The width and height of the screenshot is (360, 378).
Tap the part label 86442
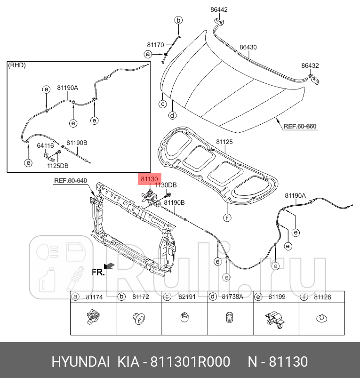pyautogui.click(x=219, y=9)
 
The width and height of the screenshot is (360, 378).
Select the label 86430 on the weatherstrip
pyautogui.click(x=248, y=48)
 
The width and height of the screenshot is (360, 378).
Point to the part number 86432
pyautogui.click(x=310, y=65)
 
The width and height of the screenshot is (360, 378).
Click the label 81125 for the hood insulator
pyautogui.click(x=224, y=142)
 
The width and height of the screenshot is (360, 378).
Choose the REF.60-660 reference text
pyautogui.click(x=300, y=126)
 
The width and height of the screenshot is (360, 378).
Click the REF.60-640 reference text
pyautogui.click(x=71, y=180)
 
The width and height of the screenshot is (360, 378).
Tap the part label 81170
pyautogui.click(x=155, y=45)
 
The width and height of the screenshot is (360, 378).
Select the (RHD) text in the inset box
pyautogui.click(x=17, y=65)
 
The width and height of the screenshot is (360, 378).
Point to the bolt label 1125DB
pyautogui.click(x=58, y=166)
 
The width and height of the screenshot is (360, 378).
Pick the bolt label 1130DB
pyautogui.click(x=166, y=185)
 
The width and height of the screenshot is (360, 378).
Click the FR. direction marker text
pyautogui.click(x=97, y=272)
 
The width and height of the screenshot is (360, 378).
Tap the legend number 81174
pyautogui.click(x=94, y=297)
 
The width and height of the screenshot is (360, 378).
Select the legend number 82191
pyautogui.click(x=186, y=297)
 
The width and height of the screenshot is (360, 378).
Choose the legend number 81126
pyautogui.click(x=323, y=297)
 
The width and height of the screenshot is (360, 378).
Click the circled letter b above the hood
pyautogui.click(x=178, y=20)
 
